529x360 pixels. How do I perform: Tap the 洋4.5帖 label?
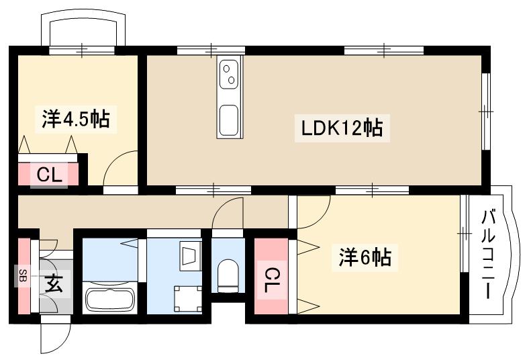76,120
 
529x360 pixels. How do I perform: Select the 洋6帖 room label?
365,257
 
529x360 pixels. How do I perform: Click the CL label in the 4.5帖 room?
50,176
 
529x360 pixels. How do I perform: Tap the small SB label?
22,275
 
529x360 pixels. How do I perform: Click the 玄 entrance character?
55,284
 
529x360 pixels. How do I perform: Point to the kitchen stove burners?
229,73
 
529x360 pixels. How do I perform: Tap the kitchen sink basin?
228,120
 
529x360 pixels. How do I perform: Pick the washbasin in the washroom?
190,256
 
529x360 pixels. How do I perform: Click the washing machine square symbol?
187,297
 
